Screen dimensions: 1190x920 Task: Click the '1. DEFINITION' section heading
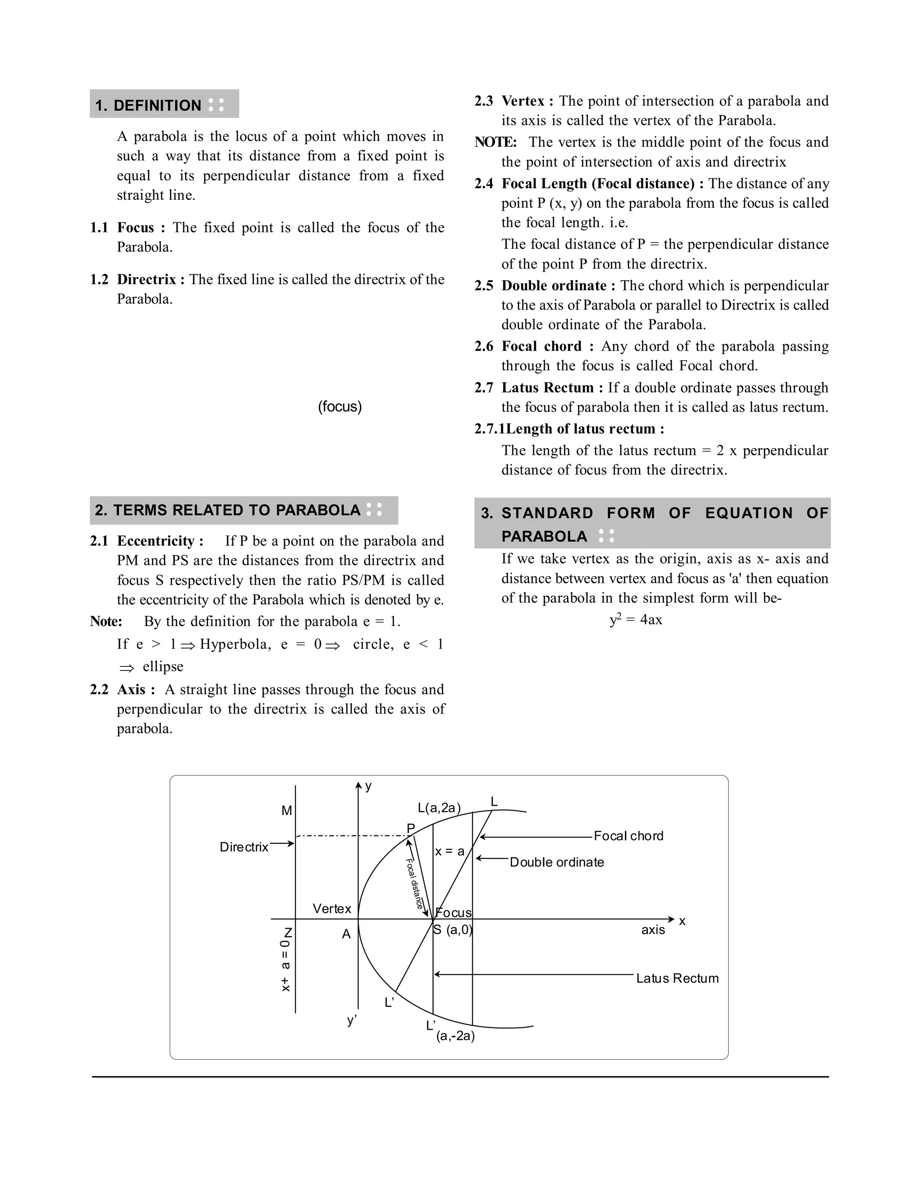(x=148, y=105)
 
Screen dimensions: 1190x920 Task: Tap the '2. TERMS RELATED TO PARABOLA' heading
(x=228, y=510)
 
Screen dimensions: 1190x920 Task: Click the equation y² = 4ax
(x=636, y=620)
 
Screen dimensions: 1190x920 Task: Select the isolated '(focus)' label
(x=340, y=406)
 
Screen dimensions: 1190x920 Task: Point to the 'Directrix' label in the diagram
(x=243, y=847)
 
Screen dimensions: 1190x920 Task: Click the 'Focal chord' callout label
(x=628, y=836)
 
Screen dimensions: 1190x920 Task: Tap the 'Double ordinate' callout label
(x=557, y=862)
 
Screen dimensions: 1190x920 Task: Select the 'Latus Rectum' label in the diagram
(x=677, y=978)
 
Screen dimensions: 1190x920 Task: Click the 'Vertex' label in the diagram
(x=332, y=908)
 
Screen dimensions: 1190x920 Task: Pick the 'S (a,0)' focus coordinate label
(x=452, y=930)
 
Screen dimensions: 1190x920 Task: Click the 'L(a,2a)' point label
(x=439, y=807)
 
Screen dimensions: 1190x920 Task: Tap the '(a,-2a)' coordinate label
(x=455, y=1036)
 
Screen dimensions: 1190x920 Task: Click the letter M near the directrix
(x=287, y=811)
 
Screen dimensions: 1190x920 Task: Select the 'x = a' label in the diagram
(x=450, y=851)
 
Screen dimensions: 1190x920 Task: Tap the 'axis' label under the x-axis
(x=653, y=930)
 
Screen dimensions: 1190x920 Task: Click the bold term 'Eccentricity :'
(x=159, y=541)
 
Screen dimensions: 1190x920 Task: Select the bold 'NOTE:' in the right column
(x=495, y=142)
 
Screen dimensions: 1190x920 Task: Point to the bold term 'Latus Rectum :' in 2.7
(x=552, y=388)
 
